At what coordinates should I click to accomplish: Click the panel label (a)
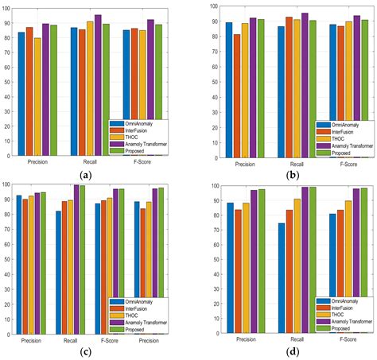point(95,173)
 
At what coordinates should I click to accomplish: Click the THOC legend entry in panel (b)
point(334,137)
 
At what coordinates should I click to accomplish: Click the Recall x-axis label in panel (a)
point(90,162)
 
